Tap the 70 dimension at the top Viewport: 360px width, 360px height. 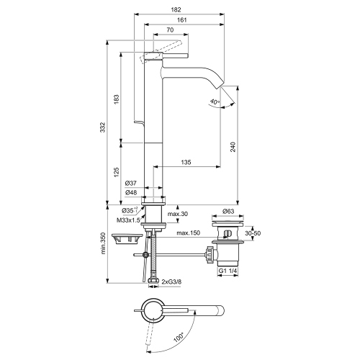click(169, 32)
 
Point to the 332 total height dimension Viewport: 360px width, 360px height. click(104, 127)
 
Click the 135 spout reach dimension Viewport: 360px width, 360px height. click(186, 163)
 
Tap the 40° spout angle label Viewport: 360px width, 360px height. click(215, 102)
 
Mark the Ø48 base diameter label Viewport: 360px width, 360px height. click(132, 193)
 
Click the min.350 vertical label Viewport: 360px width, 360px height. click(104, 244)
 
